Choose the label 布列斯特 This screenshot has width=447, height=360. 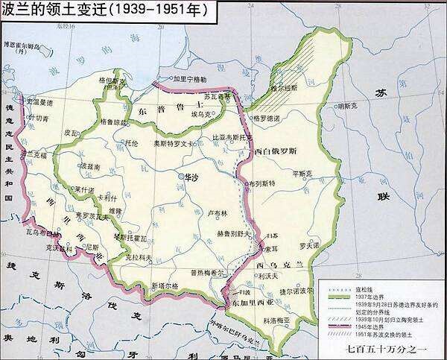pos(262,183)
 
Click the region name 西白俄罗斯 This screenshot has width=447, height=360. pos(277,151)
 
